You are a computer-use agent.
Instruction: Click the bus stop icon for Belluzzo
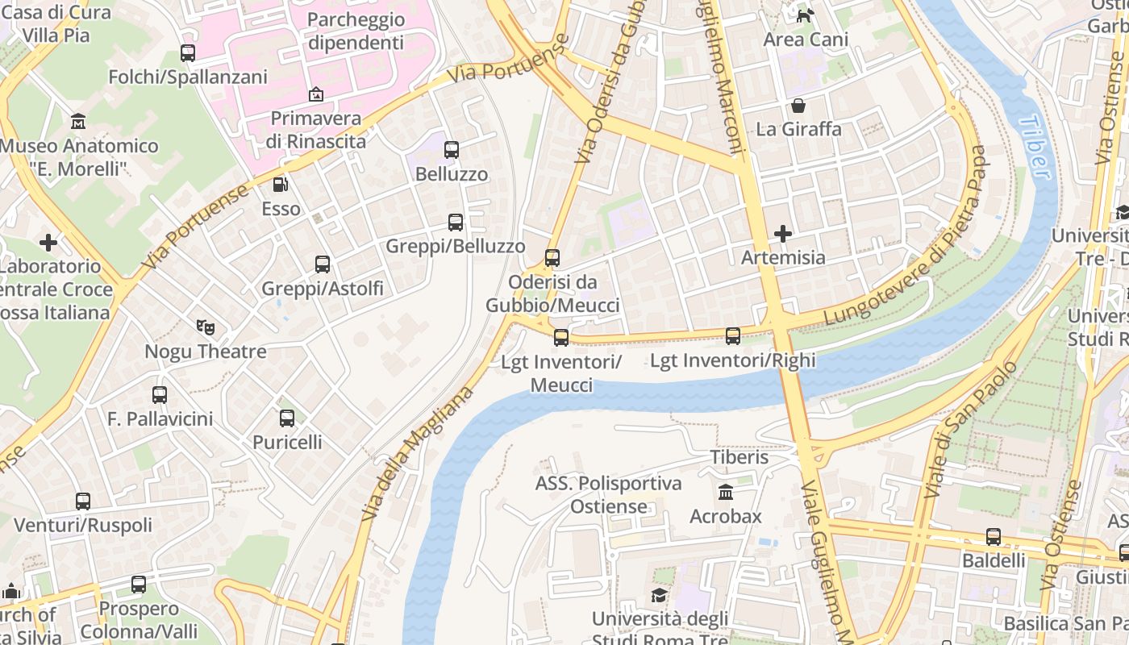(452, 150)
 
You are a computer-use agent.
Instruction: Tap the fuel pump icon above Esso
(281, 185)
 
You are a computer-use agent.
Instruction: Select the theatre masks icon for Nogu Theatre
(206, 327)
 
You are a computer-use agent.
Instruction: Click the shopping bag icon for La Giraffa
(798, 106)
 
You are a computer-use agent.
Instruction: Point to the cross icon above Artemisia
(782, 234)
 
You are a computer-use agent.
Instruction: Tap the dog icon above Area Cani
(804, 15)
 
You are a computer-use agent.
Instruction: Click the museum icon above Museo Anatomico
(78, 122)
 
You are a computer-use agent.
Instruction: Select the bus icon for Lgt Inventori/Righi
(733, 336)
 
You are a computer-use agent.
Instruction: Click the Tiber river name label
(1035, 147)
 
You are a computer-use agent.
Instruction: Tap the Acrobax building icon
(725, 492)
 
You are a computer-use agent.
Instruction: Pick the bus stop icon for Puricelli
(287, 418)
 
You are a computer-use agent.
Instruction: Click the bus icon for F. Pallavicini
(160, 395)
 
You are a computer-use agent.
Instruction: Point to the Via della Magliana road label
(417, 453)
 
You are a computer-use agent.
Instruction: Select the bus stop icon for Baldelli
(994, 537)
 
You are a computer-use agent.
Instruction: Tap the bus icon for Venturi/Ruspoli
(83, 501)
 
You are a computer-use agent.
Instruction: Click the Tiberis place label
(739, 457)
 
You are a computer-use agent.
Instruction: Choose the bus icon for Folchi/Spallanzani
(188, 53)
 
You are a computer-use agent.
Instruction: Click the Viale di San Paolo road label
(970, 430)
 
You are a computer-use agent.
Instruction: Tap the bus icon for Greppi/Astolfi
(323, 264)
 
